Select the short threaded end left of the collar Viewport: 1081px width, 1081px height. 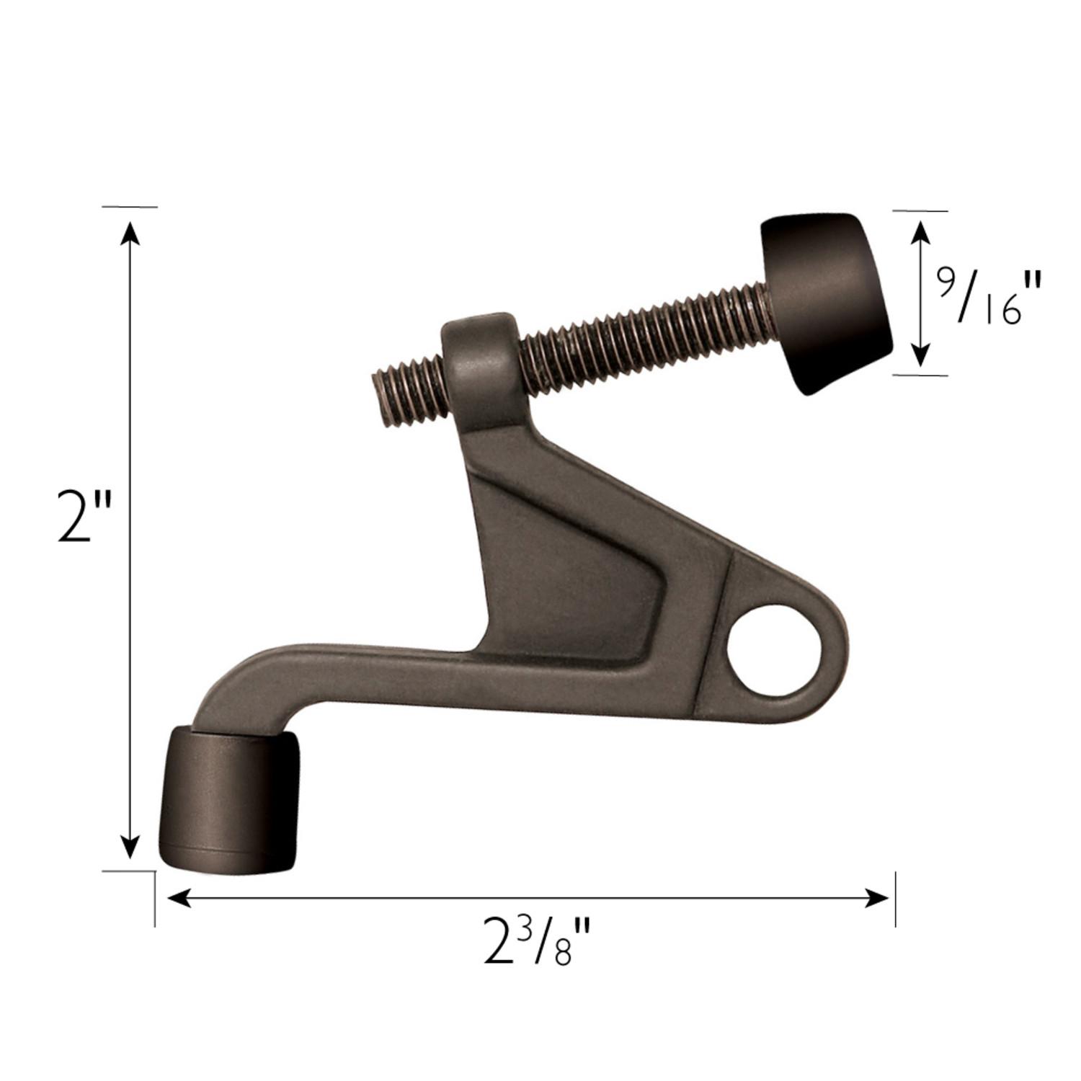tap(407, 389)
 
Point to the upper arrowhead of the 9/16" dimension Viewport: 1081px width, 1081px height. tap(920, 231)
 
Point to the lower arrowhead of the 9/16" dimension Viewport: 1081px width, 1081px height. tap(920, 356)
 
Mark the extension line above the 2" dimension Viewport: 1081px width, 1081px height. tap(130, 207)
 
